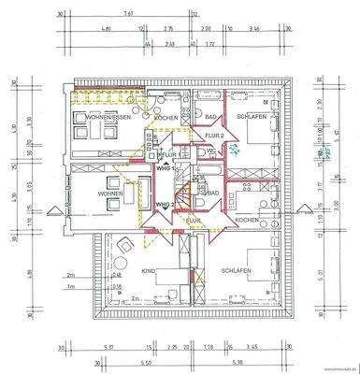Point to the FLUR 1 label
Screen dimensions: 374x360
coord(168,153)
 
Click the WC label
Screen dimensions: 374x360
coord(213,151)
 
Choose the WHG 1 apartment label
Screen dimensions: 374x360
coord(165,168)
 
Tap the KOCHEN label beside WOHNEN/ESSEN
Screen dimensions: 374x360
coord(166,118)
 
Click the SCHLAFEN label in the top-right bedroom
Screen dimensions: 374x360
coord(253,117)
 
